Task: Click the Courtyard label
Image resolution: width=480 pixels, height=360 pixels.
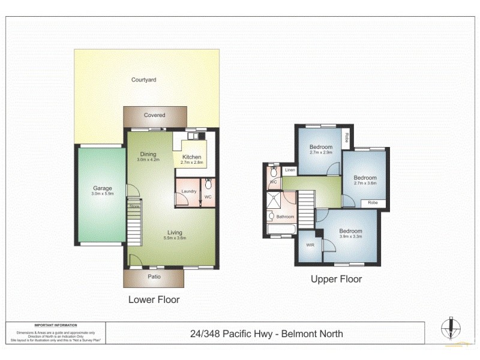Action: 143,80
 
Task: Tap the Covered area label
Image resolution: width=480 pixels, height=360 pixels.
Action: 154,115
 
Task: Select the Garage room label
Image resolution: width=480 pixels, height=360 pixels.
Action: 103,188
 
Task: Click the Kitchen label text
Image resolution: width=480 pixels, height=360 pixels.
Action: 191,157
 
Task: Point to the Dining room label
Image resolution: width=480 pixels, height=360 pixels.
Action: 147,153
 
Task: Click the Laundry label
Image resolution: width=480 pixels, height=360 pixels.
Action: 189,192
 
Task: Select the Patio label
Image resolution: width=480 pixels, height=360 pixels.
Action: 154,277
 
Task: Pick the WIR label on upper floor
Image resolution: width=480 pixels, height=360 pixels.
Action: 310,245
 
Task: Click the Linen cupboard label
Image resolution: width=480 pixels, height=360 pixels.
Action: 290,170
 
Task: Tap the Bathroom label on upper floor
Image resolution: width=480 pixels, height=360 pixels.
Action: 285,217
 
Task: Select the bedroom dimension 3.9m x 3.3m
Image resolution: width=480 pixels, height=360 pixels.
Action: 350,237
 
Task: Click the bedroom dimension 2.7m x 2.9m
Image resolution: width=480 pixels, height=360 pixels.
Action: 321,153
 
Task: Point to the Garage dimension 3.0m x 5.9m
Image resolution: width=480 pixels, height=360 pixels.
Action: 103,194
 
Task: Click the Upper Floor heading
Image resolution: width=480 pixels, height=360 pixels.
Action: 336,279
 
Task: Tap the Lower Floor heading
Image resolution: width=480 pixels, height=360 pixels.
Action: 154,299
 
